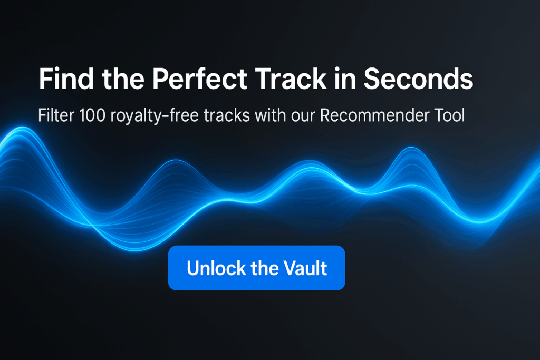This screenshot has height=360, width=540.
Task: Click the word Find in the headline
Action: pyautogui.click(x=66, y=79)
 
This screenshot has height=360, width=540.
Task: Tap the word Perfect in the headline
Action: pyautogui.click(x=200, y=79)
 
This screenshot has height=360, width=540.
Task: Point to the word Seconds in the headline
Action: pyautogui.click(x=418, y=79)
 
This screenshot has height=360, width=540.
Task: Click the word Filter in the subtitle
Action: pyautogui.click(x=56, y=115)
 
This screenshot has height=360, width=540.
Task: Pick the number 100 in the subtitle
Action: pyautogui.click(x=92, y=115)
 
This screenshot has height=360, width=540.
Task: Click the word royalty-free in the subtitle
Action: pyautogui.click(x=155, y=116)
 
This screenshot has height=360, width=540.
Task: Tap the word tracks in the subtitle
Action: pyautogui.click(x=227, y=115)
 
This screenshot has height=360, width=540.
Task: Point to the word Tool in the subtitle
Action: pyautogui.click(x=450, y=115)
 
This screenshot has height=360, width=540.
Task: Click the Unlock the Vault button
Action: pyautogui.click(x=257, y=268)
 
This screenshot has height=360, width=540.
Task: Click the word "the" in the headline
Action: pyautogui.click(x=123, y=79)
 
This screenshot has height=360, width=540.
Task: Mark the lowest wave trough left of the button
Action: pyautogui.click(x=136, y=250)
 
